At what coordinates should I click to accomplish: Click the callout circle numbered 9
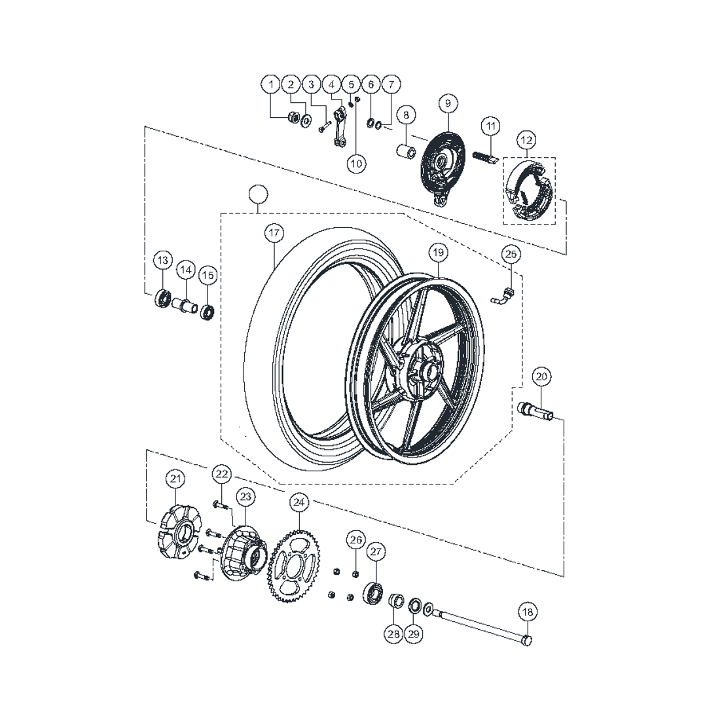(448, 103)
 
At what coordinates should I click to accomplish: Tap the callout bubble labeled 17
(274, 233)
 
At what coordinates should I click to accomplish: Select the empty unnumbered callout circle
(259, 194)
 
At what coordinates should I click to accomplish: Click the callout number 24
(299, 502)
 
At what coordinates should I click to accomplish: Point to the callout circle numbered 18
(528, 612)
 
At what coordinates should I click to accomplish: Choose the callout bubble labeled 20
(542, 376)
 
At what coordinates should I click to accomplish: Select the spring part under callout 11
(484, 158)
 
